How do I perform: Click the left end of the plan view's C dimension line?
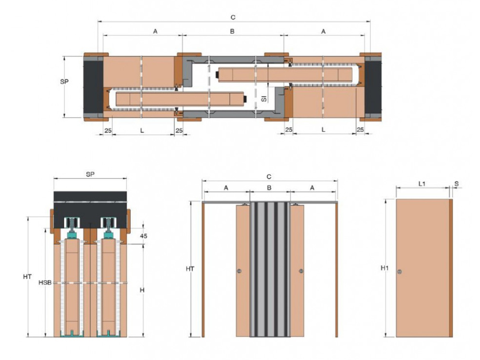pos(98,22)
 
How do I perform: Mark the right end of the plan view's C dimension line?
pos(370,22)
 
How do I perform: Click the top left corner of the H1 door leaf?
pos(396,199)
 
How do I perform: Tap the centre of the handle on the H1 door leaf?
pos(400,271)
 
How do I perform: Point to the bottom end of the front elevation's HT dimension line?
pos(191,337)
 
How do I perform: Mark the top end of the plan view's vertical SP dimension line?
pos(64,56)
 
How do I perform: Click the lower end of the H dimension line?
pos(143,337)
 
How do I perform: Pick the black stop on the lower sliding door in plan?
pos(245,99)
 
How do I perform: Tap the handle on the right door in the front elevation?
pos(301,271)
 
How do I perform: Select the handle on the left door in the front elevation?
pos(240,271)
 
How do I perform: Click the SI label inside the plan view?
pos(264,99)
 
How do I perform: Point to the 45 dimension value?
pos(144,236)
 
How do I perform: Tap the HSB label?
pos(45,283)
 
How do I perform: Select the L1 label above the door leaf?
pos(422,184)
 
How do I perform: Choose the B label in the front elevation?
pos(269,188)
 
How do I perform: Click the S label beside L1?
pos(457,184)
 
